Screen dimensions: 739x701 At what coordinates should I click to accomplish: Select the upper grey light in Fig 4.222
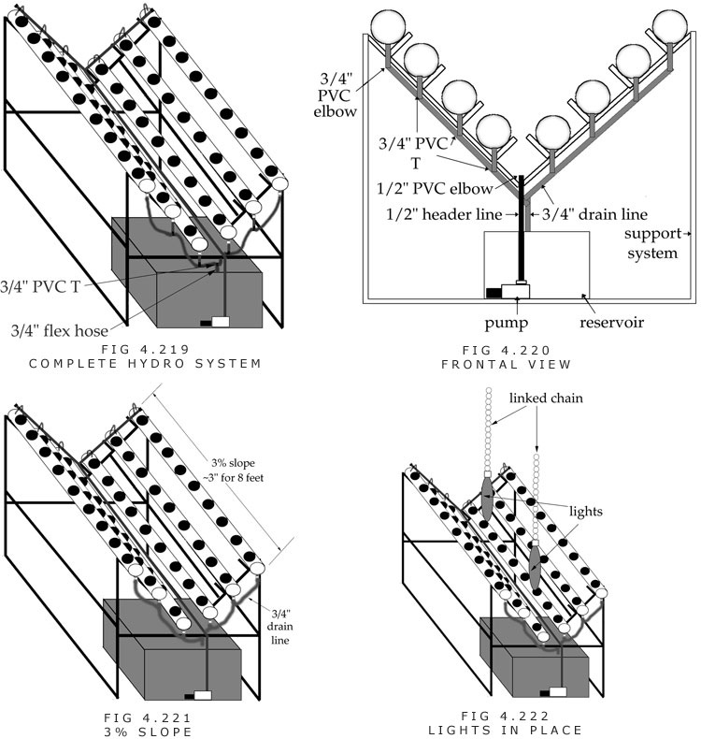pos(488,499)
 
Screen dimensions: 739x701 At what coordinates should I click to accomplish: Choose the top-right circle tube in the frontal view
pos(675,27)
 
